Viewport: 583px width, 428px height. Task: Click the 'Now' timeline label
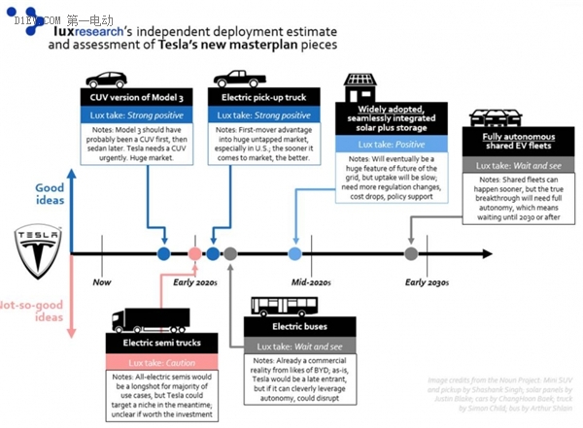(x=102, y=282)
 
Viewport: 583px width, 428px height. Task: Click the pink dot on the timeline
(x=194, y=254)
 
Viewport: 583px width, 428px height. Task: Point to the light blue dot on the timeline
(x=295, y=254)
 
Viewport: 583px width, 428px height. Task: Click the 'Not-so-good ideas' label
(x=37, y=311)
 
